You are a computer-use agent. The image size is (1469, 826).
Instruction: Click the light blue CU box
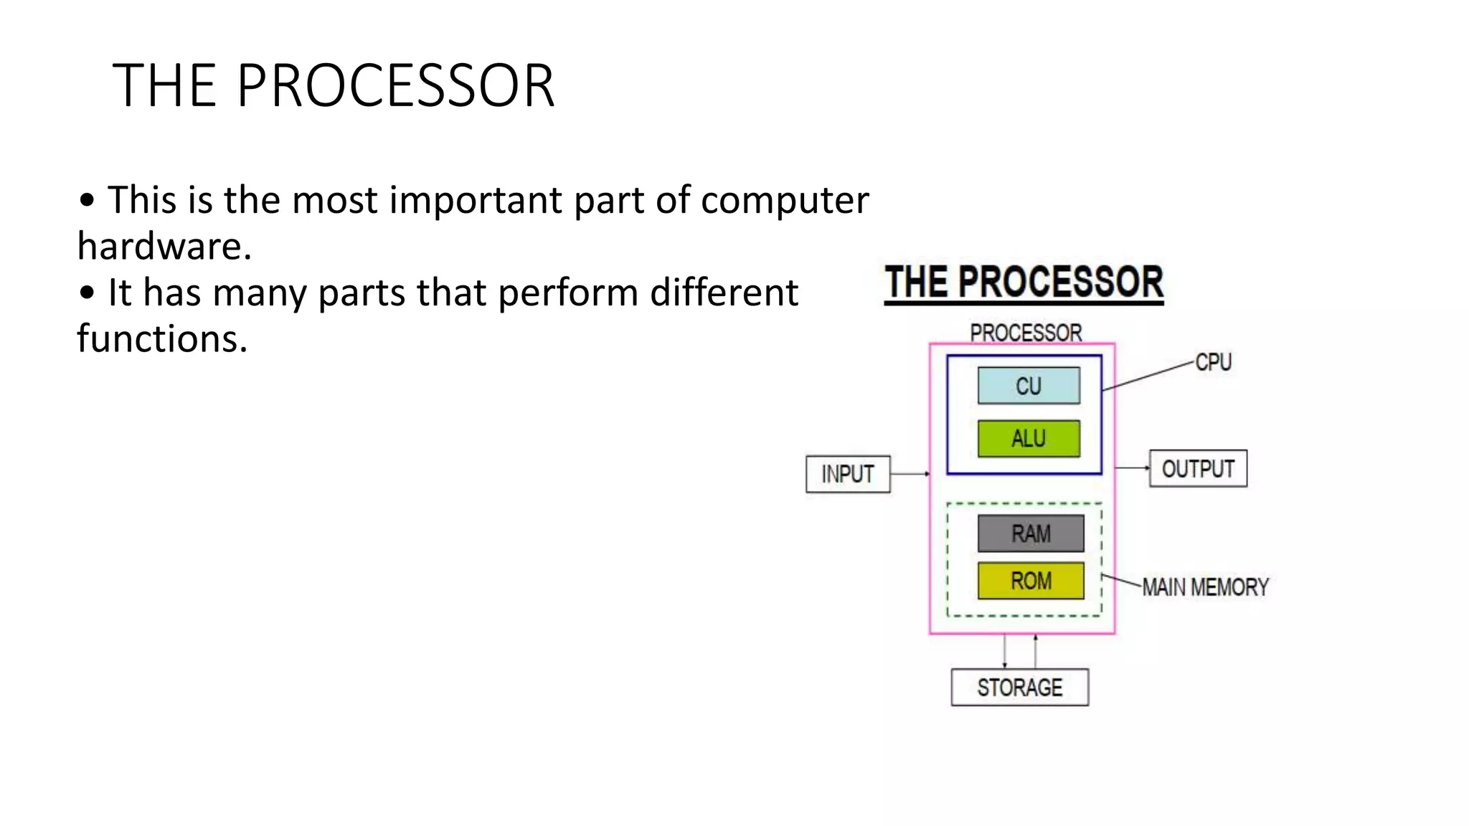(1029, 386)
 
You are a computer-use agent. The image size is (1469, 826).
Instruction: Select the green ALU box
(1029, 438)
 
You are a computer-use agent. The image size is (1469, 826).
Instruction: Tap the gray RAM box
(1031, 533)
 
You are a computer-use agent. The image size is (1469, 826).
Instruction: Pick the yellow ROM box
(1031, 580)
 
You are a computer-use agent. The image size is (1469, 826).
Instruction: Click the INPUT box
(847, 474)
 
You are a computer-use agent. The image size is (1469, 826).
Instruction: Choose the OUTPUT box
(1198, 469)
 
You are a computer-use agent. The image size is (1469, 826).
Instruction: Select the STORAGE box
(1019, 687)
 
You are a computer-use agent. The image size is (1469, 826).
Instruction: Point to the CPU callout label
(1214, 362)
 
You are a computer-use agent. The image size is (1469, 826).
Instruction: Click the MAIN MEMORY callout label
(1205, 587)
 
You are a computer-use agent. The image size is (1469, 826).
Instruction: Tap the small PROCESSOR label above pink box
(1026, 333)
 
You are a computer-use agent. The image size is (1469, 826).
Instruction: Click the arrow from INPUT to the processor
(910, 474)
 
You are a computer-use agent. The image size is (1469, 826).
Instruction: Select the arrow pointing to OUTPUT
(1132, 468)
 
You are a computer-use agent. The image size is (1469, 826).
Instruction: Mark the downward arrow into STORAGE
(1004, 651)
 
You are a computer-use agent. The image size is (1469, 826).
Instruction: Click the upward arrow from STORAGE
(1035, 651)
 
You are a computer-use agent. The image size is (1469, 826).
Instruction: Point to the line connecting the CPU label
(1148, 376)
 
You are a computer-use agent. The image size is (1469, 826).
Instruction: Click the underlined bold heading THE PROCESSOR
(1024, 283)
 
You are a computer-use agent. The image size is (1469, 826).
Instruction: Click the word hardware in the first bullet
(164, 246)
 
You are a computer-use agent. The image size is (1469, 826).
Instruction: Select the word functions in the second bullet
(162, 338)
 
